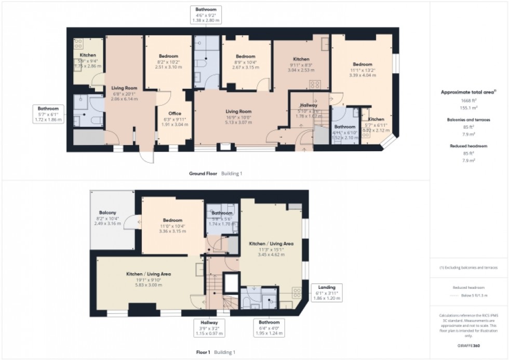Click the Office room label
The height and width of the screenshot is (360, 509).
pos(175,113)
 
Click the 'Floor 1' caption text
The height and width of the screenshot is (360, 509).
pos(203,352)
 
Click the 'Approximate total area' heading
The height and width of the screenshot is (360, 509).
pos(467,92)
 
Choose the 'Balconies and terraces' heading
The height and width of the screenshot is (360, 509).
pos(469,119)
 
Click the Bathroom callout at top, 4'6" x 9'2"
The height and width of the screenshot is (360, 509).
pos(207,9)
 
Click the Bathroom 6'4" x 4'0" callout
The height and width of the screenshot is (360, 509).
pos(270,322)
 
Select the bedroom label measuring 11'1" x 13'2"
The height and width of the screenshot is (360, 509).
pos(361,64)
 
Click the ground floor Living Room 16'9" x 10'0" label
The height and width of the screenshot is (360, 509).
pos(238,111)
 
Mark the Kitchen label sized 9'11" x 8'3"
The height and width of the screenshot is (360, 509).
pos(301,59)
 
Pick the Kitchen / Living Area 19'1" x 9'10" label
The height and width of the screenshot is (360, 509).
pos(149,273)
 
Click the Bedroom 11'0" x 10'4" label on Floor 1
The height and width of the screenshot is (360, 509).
pos(172,220)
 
